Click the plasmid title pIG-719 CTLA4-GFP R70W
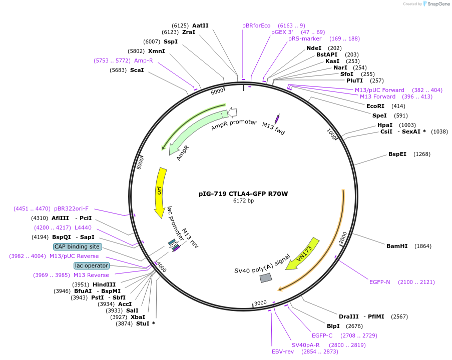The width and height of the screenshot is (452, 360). pyautogui.click(x=243, y=193)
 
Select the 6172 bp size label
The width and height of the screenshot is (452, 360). pyautogui.click(x=243, y=201)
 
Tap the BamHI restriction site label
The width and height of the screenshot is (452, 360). pyautogui.click(x=398, y=246)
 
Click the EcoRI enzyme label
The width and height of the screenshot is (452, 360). pyautogui.click(x=375, y=106)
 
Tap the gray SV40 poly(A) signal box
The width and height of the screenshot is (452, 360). pyautogui.click(x=266, y=277)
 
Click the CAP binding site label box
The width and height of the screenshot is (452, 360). pyautogui.click(x=78, y=246)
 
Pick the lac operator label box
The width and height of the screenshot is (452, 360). pyautogui.click(x=91, y=265)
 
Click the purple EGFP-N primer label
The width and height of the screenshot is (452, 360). pyautogui.click(x=379, y=282)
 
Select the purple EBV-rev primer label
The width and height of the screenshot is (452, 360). pyautogui.click(x=283, y=351)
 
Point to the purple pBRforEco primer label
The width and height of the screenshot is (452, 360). pyautogui.click(x=256, y=25)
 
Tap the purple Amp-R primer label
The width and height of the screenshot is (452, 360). pyautogui.click(x=143, y=60)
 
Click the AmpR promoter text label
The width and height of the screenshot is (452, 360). pyautogui.click(x=234, y=125)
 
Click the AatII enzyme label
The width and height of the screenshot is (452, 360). pyautogui.click(x=200, y=25)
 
